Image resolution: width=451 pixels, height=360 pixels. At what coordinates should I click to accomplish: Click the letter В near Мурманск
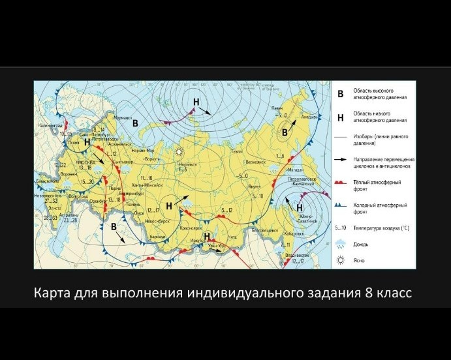coord(136,123)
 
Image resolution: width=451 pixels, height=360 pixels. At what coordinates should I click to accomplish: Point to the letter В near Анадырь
coord(285,132)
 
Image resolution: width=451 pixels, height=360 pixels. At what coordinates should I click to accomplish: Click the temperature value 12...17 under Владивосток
coord(298,261)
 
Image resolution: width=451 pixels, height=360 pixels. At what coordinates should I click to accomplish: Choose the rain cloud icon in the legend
coord(340,244)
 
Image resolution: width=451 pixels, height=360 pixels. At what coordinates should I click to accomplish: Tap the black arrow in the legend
coord(340,158)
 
